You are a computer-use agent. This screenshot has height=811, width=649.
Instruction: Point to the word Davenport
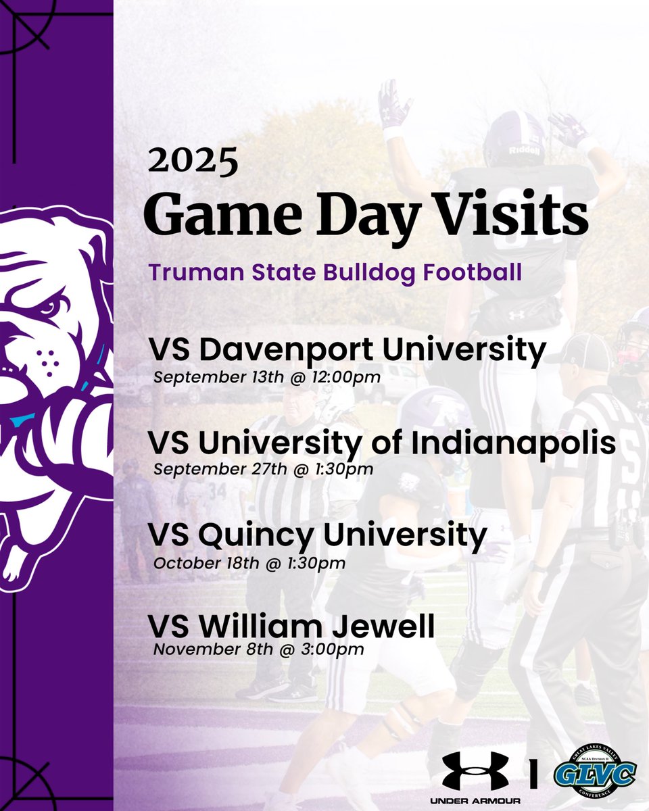(x=293, y=351)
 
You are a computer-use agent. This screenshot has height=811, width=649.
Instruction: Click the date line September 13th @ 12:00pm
(x=267, y=376)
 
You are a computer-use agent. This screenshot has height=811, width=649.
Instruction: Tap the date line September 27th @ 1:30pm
(x=263, y=468)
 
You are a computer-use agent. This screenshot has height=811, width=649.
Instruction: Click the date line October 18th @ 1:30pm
(x=249, y=562)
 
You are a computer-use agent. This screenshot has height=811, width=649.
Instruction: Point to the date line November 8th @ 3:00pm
(x=258, y=650)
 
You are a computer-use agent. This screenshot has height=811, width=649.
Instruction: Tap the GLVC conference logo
(x=596, y=772)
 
